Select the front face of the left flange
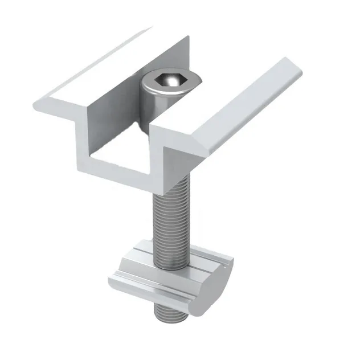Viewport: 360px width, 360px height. click(x=63, y=105)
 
